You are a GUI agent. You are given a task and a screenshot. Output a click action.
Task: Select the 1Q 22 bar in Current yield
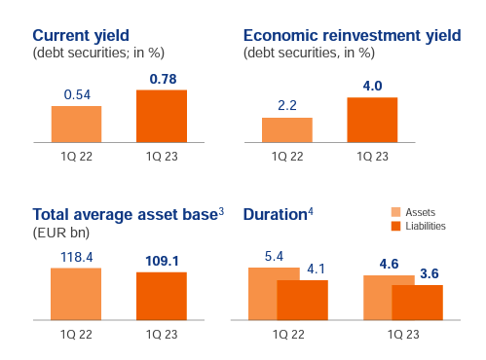coord(76,124)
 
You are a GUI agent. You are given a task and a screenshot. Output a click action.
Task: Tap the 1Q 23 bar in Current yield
coord(161,116)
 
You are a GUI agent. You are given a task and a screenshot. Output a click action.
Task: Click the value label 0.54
coord(77,94)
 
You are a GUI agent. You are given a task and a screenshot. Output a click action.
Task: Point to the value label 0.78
coord(161,78)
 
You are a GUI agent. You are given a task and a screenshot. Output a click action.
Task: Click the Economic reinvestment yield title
coord(352,35)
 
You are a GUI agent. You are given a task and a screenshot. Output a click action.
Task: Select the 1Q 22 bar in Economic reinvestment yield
coord(286,129)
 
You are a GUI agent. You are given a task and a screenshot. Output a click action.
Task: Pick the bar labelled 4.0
coord(372,120)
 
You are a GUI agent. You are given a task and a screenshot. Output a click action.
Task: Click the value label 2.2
coord(286,106)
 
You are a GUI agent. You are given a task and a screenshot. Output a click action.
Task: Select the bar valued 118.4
coord(76,293)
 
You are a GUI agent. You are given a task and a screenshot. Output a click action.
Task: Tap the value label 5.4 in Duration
coord(273,256)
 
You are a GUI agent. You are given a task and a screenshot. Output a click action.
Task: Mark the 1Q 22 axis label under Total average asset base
coord(76,334)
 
